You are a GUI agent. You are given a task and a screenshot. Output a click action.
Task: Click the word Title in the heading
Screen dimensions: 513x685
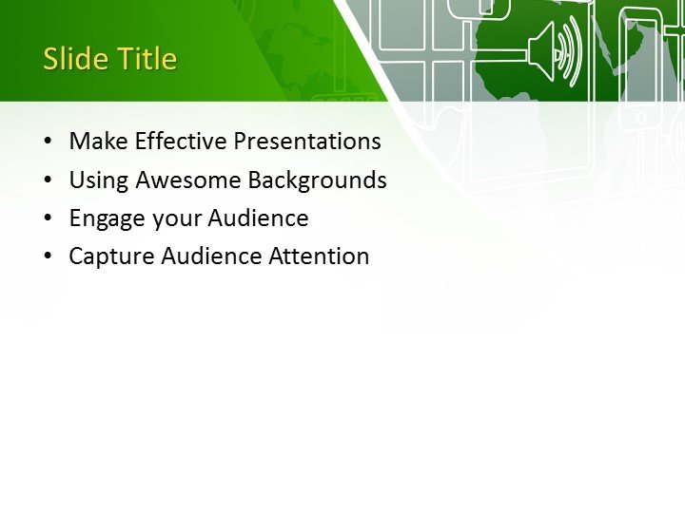pos(147,59)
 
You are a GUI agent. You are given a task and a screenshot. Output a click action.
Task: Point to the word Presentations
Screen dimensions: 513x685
pos(307,142)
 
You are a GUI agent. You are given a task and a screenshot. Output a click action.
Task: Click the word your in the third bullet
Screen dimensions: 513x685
pos(173,219)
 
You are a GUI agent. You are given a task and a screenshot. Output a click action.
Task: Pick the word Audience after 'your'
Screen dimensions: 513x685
pos(258,218)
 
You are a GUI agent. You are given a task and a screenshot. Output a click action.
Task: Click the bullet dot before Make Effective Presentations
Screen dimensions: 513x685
pos(48,142)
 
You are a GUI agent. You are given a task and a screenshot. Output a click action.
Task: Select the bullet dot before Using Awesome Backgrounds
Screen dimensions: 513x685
pos(48,180)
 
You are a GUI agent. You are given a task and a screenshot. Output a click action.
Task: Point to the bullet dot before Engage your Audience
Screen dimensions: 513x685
pos(48,219)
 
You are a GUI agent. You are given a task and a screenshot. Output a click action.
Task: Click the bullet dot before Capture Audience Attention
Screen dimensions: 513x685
pos(48,257)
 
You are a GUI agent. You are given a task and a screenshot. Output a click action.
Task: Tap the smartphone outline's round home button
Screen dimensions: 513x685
pos(641,117)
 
